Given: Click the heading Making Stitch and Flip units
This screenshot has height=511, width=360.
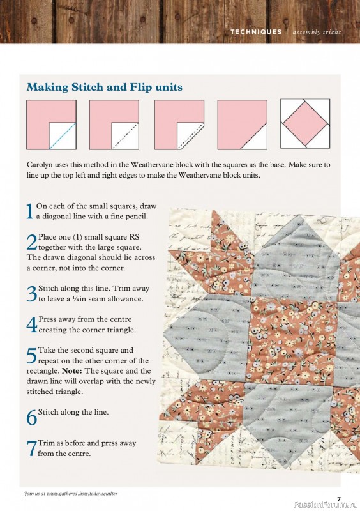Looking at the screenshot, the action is click(x=104, y=87).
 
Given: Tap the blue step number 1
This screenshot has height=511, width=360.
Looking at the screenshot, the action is click(x=29, y=211).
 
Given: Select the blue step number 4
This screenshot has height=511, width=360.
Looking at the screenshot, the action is click(x=32, y=324).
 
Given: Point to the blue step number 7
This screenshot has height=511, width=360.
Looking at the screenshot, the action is click(x=32, y=448).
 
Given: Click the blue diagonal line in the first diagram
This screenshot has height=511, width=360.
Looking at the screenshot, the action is click(x=63, y=136).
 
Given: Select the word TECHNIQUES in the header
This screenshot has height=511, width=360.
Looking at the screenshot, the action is click(x=256, y=32).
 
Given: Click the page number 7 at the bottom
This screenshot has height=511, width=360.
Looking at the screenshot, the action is click(x=339, y=499).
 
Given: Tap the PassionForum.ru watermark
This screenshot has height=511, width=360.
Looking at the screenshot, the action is click(x=326, y=505).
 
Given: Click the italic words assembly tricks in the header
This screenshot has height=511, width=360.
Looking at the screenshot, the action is click(x=317, y=32).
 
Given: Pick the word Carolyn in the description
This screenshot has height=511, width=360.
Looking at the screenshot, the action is click(x=38, y=165).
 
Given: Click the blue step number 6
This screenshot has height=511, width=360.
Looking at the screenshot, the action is click(x=32, y=418).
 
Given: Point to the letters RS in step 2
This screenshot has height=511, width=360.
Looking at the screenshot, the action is click(x=134, y=237).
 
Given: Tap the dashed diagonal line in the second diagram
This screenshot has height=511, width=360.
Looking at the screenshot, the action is click(x=126, y=136).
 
